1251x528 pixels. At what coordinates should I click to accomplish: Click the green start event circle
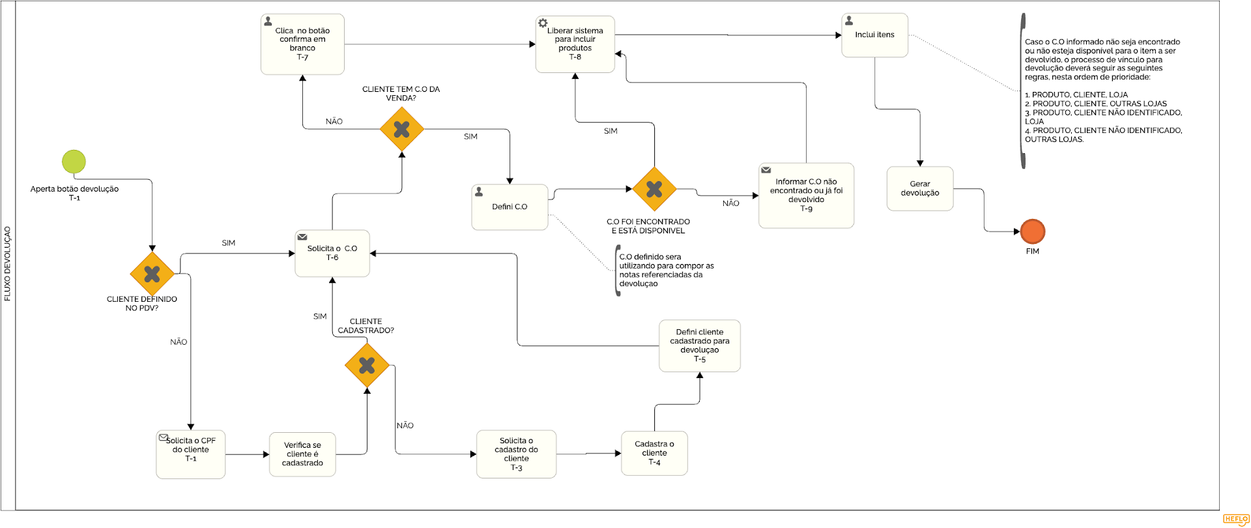coord(74,162)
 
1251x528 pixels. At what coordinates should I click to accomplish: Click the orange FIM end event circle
coord(1033,231)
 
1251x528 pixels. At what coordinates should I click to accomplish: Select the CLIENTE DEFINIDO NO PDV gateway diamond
coord(152,274)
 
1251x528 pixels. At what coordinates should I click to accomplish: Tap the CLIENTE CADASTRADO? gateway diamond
coord(367,366)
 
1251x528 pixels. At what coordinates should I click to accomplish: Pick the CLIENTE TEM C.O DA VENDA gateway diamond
coord(402,130)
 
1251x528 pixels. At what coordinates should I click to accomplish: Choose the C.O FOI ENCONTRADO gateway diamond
coord(654,189)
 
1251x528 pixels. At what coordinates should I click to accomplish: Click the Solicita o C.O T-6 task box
coord(332,254)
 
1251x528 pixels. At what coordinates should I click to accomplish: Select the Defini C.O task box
coord(510,207)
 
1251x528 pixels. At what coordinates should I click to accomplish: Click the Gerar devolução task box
coord(920,189)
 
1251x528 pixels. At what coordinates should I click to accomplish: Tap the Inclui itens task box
coord(874,35)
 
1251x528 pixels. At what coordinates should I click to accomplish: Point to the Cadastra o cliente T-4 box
coord(654,453)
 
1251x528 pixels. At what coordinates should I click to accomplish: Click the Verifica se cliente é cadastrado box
coord(302,454)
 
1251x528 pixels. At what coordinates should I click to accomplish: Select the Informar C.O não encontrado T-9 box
coord(806,196)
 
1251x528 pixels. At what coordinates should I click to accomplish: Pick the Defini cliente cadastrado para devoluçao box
coord(699,346)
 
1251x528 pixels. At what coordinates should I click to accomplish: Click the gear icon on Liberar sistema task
coord(543,23)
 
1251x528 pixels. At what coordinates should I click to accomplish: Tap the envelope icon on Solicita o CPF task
coord(164,437)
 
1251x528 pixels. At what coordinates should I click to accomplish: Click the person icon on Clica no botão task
coord(268,22)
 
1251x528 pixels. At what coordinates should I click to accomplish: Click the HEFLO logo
coord(1235,520)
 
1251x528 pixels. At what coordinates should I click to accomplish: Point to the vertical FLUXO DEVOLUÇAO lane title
coord(8,263)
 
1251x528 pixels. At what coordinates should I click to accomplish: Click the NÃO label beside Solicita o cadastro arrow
coord(405,426)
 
